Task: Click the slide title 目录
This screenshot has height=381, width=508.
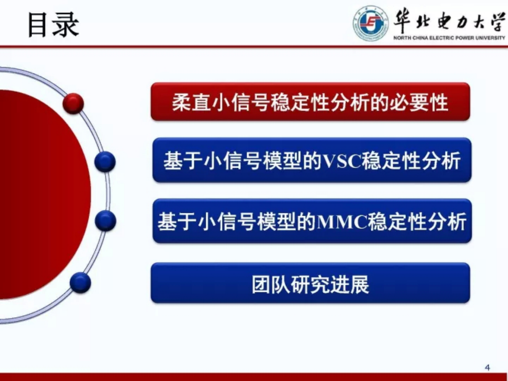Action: pos(53,25)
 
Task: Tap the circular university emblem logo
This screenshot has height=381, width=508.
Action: pos(370,23)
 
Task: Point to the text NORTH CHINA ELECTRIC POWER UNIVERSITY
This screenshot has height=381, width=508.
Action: pos(449,38)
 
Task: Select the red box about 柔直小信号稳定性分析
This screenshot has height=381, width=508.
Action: pos(310,102)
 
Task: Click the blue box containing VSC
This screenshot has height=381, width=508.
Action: pos(312,160)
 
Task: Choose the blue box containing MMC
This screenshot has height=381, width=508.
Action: pos(312,221)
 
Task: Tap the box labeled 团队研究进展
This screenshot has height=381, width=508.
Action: pos(310,283)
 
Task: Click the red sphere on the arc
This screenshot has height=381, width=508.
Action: pos(73,103)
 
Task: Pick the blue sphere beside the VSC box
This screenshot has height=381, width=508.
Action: pos(105,161)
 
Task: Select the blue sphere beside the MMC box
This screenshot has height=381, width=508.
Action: pos(105,221)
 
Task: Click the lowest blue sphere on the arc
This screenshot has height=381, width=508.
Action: pos(80,282)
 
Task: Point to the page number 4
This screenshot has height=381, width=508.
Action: pos(487,368)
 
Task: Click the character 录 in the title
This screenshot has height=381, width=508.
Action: pos(66,25)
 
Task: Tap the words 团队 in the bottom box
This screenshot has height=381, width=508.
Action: pos(271,284)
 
